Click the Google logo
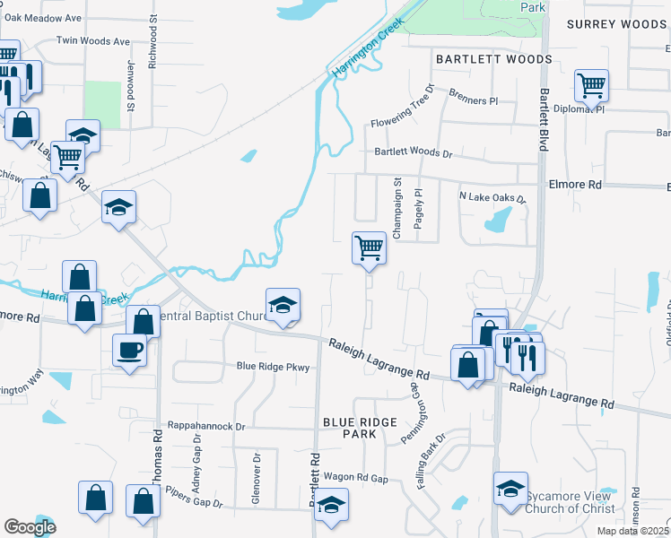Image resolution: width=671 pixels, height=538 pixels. coord(30,527)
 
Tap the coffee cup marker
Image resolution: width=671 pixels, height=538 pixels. coord(130,348)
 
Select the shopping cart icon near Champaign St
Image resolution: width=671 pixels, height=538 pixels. coord(369,247)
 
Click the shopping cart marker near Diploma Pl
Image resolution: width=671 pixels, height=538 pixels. coord(591,86)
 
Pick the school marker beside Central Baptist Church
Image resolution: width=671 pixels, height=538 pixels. coord(283,306)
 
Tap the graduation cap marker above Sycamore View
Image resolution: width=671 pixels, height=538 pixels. coord(510,489)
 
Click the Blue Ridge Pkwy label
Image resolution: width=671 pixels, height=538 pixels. coord(272,366)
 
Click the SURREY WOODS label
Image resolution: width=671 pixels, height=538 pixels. coord(616,25)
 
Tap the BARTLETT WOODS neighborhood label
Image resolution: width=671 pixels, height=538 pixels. coord(493,59)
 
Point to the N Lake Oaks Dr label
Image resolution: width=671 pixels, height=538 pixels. coord(491,196)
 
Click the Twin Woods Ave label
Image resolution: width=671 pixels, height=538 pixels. coord(93,41)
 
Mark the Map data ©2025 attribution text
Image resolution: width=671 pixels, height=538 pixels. coord(633,531)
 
